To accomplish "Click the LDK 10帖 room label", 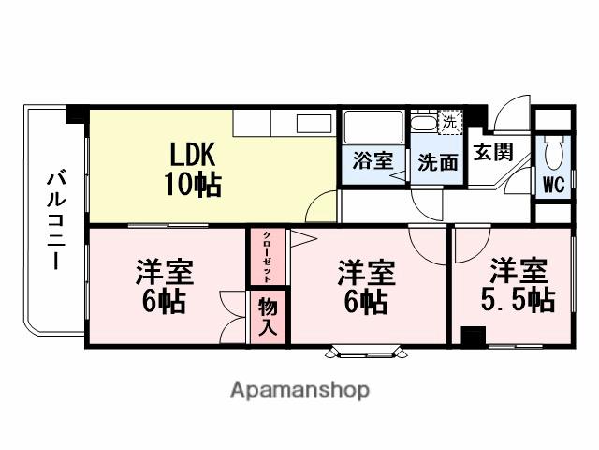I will coord(195,169).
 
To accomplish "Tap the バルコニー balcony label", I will coord(55,219).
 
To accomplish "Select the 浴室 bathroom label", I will coord(373,160).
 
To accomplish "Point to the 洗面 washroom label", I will coord(438,162).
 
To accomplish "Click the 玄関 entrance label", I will coord(492,151).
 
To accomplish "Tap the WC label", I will coord(553,184).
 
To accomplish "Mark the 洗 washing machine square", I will coord(450,121).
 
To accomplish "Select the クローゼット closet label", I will coord(267,255).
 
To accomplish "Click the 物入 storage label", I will coord(268,316).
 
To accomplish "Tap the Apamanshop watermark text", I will coord(299,389).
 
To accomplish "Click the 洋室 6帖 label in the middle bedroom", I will coord(366,287).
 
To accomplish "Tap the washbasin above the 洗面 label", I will coord(424,123).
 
